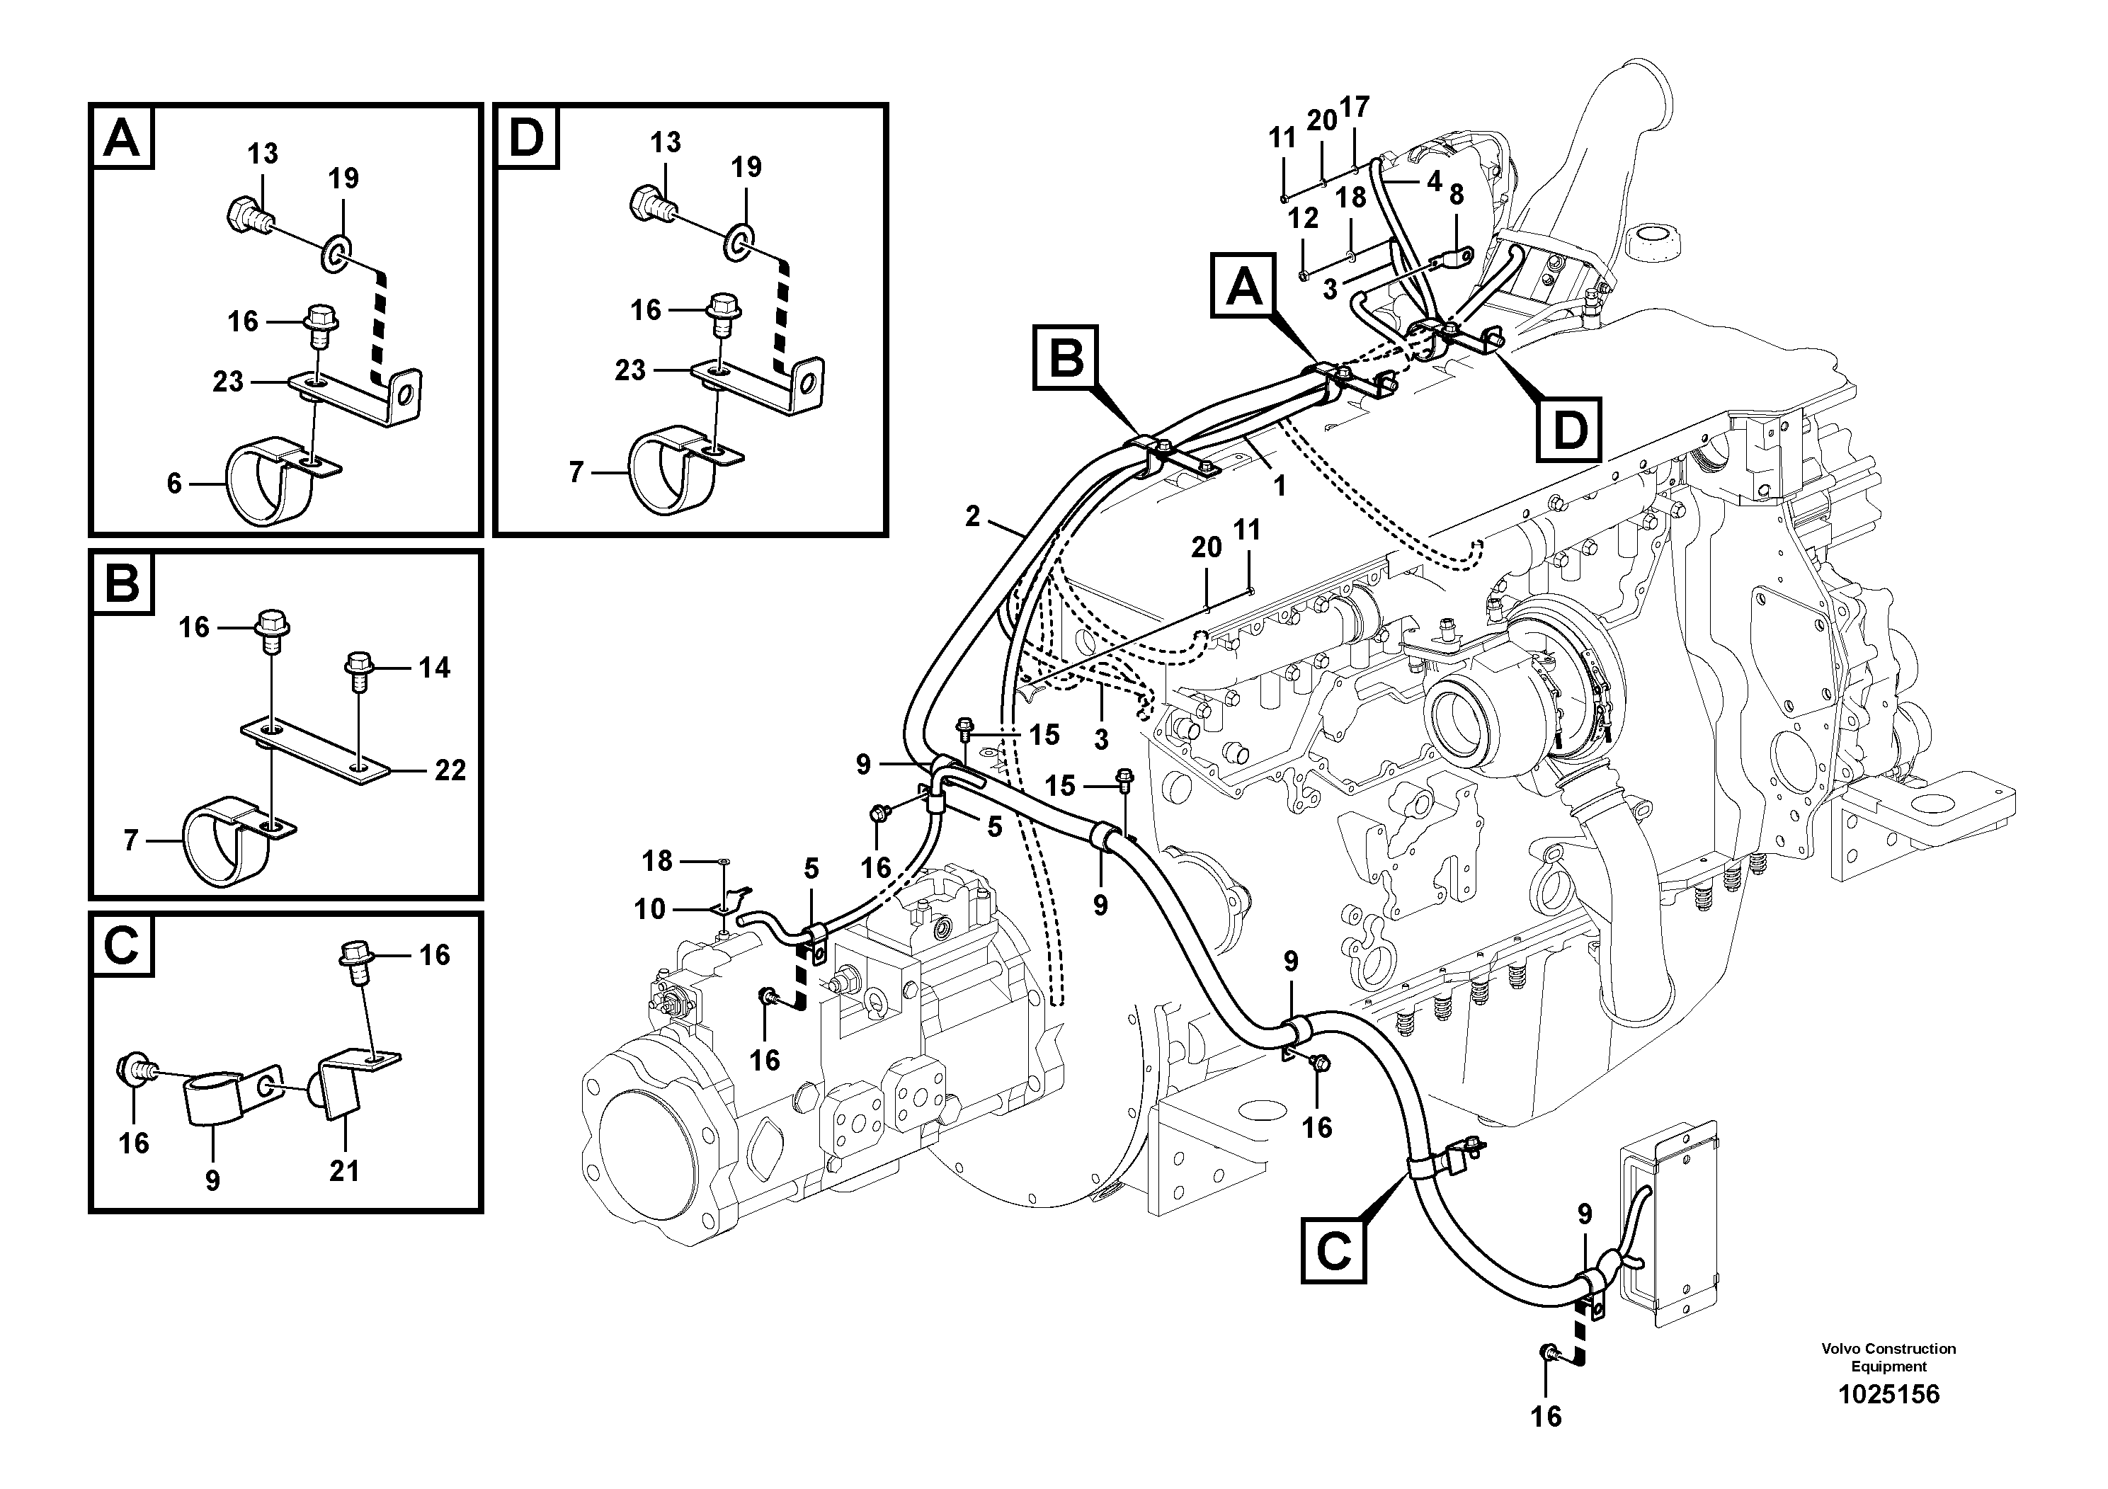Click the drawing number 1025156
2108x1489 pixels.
1888,1394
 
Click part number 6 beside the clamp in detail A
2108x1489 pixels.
174,483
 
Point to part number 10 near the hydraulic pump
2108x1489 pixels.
649,909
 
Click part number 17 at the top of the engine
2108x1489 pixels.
1354,108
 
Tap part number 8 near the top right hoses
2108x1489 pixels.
1456,195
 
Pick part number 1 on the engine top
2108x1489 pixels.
1279,486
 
